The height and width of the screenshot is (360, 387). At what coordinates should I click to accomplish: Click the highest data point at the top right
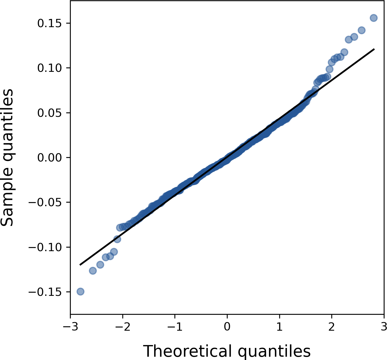[x=374, y=18]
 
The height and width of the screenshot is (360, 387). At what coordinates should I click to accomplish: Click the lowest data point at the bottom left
[x=80, y=291]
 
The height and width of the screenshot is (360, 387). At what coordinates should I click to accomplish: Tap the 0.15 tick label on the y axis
[x=49, y=23]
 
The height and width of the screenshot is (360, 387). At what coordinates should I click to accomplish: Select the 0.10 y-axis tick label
[x=49, y=68]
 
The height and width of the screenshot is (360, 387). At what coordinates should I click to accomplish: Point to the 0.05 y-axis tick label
[x=49, y=113]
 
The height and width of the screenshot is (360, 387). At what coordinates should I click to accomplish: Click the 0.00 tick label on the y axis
[x=49, y=158]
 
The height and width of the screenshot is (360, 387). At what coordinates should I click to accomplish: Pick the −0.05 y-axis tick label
[x=46, y=202]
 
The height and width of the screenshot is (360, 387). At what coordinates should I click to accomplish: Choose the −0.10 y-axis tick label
[x=46, y=247]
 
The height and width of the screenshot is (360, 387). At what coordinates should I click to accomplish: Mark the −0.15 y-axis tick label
[x=46, y=292]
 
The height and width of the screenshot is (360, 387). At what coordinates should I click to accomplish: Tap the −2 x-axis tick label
[x=123, y=327]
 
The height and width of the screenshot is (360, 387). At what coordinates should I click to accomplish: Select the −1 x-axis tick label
[x=175, y=327]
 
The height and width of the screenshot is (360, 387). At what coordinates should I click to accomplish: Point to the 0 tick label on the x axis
[x=227, y=327]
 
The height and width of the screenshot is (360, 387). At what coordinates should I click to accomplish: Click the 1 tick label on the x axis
[x=279, y=327]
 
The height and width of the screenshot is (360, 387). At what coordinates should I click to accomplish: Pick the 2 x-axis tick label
[x=332, y=327]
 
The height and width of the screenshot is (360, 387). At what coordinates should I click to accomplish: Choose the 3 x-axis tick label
[x=384, y=327]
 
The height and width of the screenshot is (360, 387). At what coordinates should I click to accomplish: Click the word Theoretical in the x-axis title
[x=188, y=351]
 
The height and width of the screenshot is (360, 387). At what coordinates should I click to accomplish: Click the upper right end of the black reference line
[x=374, y=49]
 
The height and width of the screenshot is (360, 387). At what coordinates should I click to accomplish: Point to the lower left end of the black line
[x=80, y=265]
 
